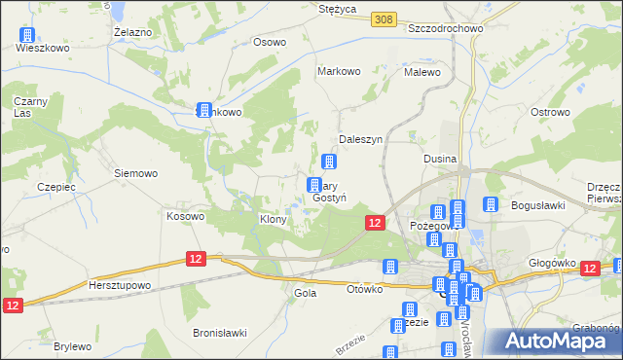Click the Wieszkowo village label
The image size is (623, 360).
point(43,46)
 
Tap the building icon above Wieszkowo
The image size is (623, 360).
point(25,36)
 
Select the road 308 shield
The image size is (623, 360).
point(385,18)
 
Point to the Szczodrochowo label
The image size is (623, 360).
point(446,28)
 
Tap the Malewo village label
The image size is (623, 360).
point(422,72)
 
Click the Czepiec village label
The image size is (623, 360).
point(55,187)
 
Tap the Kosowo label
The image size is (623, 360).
point(185,216)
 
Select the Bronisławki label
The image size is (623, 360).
point(220,333)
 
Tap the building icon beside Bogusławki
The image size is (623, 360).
point(491,205)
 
